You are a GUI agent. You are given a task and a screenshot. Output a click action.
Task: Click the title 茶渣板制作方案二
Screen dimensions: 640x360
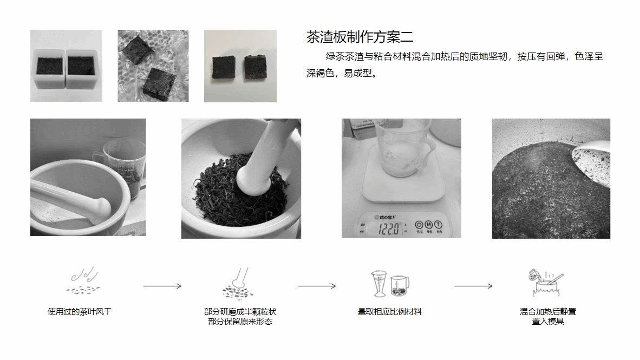pos(360,37)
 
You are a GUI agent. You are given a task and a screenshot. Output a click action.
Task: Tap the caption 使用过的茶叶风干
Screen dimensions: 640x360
pos(80,312)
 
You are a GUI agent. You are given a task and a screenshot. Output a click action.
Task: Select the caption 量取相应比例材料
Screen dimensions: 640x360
pos(390,312)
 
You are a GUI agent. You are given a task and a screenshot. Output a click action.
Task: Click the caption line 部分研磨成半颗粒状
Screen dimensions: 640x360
pos(240,312)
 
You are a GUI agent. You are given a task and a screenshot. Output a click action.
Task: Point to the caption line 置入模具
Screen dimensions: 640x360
pos(548,322)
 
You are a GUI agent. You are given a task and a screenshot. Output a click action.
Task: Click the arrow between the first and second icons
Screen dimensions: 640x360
pos(162,286)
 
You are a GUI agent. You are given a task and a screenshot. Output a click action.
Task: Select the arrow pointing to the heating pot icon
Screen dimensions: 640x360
pos(473,286)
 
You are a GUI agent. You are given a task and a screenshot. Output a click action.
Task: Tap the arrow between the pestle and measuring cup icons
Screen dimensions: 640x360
pos(317,286)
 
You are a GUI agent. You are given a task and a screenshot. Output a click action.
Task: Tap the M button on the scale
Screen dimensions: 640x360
pos(428,225)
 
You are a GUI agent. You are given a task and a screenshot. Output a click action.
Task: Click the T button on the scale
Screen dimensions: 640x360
pos(439,225)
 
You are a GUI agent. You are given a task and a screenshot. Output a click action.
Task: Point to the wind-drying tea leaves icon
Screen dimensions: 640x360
pos(83,281)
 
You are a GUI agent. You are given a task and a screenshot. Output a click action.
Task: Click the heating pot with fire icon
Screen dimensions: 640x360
pos(546,282)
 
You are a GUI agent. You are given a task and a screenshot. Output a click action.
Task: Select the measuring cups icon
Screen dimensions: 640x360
pos(390,283)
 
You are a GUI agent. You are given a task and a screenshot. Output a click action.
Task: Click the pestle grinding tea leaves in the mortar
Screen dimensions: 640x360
pos(261,159)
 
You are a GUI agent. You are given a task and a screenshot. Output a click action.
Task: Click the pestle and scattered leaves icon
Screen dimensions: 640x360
pos(238,284)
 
